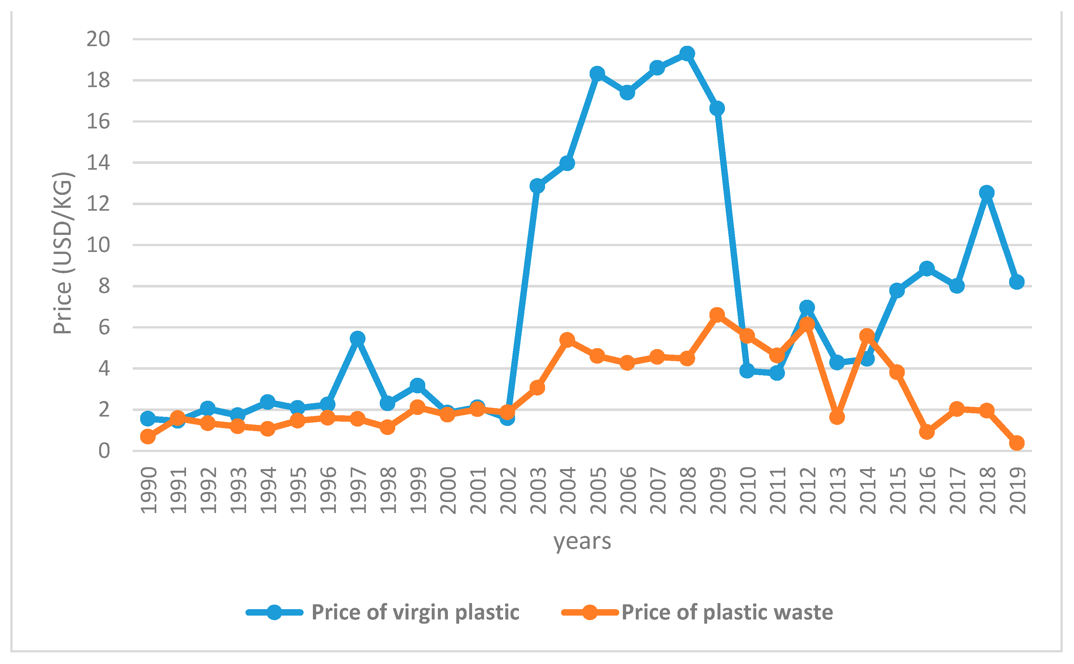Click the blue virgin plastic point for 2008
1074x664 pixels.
687,54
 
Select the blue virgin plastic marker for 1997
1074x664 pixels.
357,338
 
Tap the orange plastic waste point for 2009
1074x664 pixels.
717,315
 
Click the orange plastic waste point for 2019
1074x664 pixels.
1017,443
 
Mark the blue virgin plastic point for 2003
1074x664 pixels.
537,186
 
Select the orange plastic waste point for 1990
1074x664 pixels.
148,437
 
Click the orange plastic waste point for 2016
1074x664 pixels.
927,432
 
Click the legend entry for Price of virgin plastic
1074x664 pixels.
415,612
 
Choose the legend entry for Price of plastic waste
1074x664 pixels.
727,612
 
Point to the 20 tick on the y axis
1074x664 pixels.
98,39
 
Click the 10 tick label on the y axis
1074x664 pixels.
98,245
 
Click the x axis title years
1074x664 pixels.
582,541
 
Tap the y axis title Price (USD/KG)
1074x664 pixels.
62,253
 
